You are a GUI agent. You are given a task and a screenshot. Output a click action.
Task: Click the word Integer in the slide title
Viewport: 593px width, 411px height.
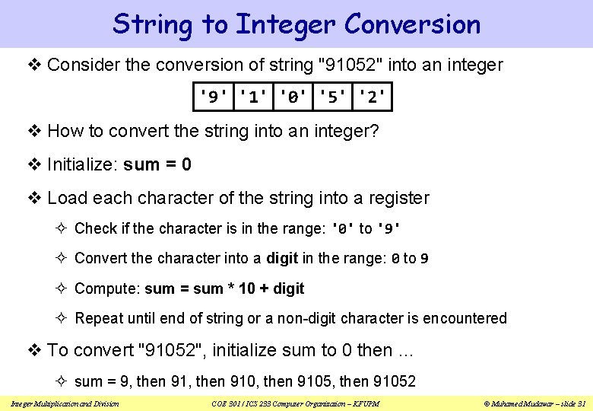(x=286, y=25)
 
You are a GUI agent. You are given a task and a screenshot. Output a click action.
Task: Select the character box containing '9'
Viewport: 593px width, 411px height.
(x=211, y=97)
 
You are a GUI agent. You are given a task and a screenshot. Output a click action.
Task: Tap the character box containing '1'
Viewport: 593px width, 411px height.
(x=252, y=97)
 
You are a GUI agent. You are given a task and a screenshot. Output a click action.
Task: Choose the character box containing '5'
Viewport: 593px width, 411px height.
(x=332, y=97)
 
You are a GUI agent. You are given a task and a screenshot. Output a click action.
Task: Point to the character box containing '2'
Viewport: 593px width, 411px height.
(x=373, y=97)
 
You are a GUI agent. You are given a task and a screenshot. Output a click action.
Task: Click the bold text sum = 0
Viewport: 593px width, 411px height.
(x=157, y=164)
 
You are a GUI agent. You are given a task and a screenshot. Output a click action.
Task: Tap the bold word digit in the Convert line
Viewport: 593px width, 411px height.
(x=281, y=258)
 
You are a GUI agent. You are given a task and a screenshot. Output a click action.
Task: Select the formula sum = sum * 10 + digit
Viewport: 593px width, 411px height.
(x=224, y=288)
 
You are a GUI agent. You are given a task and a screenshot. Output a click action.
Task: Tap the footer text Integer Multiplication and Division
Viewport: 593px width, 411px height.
(x=65, y=403)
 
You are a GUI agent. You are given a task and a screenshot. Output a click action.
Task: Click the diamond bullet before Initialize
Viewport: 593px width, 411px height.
(x=36, y=165)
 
